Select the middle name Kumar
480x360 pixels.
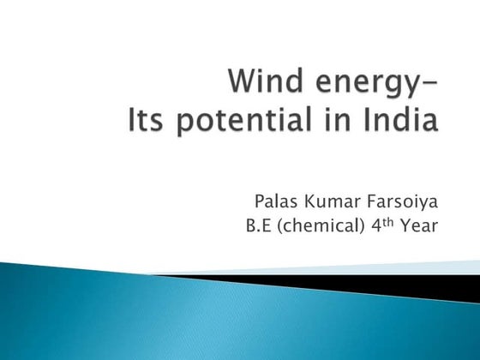[x=331, y=202]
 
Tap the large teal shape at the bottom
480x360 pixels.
[x=171, y=321]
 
